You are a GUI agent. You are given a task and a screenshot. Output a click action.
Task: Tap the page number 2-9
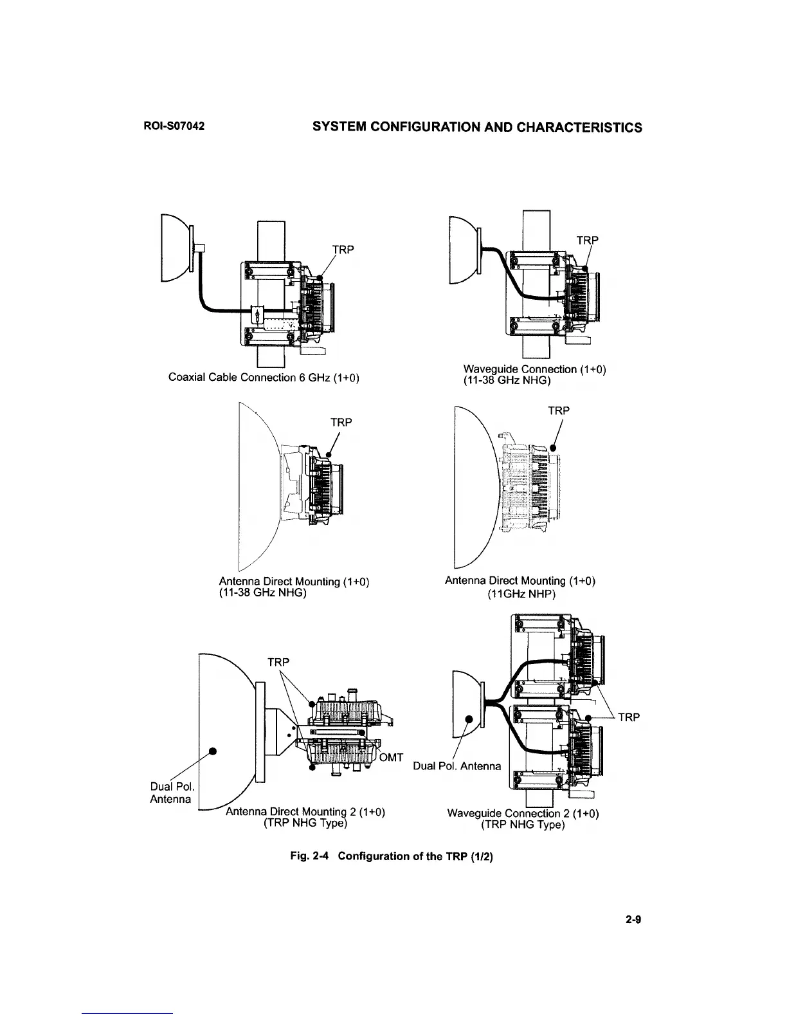click(x=633, y=920)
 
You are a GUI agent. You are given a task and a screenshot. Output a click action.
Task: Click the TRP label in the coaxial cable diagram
click(x=343, y=250)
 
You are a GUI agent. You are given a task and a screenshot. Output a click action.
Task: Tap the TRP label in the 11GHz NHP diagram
click(x=559, y=410)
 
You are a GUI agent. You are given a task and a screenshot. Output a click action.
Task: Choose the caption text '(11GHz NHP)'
click(x=521, y=594)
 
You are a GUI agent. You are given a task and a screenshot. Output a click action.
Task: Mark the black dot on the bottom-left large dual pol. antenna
click(x=212, y=751)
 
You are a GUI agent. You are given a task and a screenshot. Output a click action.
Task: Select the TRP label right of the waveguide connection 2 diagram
click(x=630, y=717)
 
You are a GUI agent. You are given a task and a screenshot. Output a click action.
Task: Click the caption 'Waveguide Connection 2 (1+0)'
click(x=523, y=814)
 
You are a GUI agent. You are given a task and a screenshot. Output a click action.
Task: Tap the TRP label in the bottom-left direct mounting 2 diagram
click(x=278, y=662)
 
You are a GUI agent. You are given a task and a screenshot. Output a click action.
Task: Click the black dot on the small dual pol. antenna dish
click(x=469, y=719)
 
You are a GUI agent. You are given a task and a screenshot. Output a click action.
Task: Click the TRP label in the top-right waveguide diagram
click(x=587, y=241)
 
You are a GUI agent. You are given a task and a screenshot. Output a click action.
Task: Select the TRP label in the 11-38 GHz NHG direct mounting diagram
click(x=341, y=423)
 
